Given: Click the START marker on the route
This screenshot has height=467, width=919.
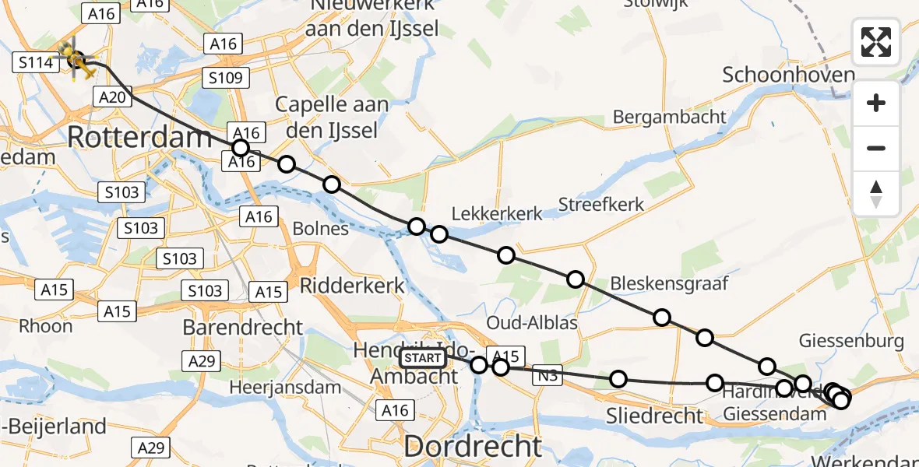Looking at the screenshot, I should coord(424,358).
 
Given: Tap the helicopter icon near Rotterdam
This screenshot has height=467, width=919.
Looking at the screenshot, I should coord(76,59).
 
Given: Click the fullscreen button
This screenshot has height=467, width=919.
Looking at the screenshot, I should coord(876,42).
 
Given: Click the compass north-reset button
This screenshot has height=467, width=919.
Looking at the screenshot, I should coord(876,194).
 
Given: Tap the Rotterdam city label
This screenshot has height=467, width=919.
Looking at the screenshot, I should coord(140,138).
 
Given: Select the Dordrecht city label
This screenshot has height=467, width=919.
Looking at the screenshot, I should coord(472,446).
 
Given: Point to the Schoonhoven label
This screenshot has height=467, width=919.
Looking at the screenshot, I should coord(789,75).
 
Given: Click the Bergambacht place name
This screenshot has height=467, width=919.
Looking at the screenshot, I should coord(670,117).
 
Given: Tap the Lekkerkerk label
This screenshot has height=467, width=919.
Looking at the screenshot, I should coord(496,213).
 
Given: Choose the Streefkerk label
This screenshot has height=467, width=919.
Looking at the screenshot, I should coord(601,205).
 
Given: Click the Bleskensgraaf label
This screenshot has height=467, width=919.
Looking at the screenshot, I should coord(669,283).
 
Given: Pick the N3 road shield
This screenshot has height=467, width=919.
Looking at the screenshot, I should coord(547,377).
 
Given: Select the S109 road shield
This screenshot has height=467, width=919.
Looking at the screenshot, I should coord(225,78).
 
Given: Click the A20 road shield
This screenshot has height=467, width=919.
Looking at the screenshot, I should coord(112,97).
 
